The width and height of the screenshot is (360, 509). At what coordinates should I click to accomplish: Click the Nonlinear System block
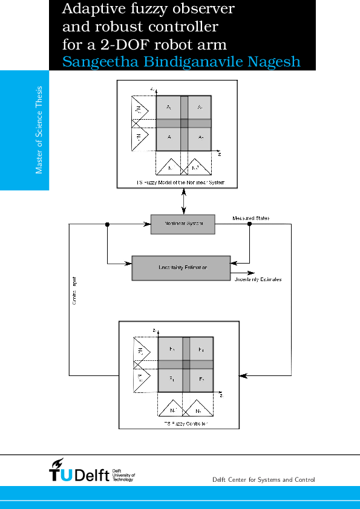point(182,224)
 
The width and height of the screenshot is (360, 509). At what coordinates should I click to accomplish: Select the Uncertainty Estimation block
point(182,268)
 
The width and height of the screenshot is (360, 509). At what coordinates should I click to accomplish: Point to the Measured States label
point(251,218)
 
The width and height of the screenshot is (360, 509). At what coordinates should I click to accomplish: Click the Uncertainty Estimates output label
point(258,280)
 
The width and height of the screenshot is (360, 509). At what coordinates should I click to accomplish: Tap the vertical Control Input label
point(74,291)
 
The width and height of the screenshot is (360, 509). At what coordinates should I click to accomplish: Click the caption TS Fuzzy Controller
point(186,424)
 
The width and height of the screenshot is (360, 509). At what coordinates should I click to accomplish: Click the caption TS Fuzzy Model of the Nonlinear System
point(176,181)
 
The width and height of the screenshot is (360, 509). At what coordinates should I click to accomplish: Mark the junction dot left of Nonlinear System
point(107,224)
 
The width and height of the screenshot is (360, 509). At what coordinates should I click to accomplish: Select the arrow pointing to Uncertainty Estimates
point(247,273)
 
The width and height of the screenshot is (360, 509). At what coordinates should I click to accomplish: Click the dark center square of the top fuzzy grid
point(184,123)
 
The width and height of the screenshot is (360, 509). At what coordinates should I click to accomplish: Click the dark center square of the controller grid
point(186,364)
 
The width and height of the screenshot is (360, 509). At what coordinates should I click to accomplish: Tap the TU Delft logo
point(91,471)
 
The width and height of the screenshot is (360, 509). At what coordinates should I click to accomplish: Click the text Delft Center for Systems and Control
point(264,480)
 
